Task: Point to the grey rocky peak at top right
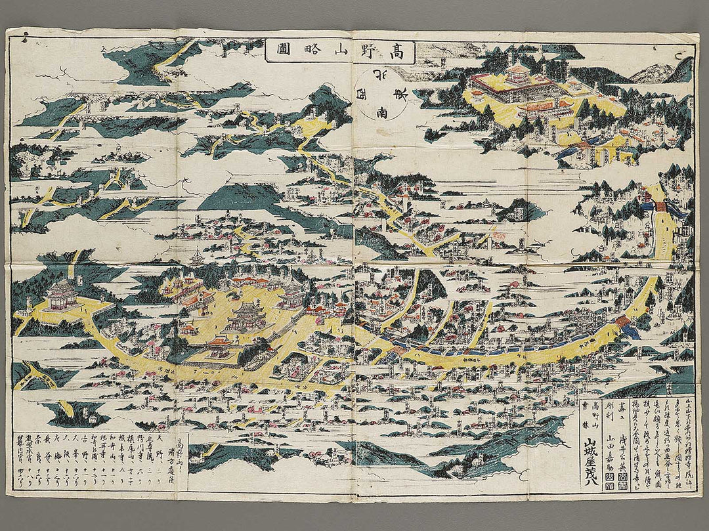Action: pyautogui.click(x=654, y=73)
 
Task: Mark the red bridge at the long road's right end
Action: pyautogui.click(x=621, y=321)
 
